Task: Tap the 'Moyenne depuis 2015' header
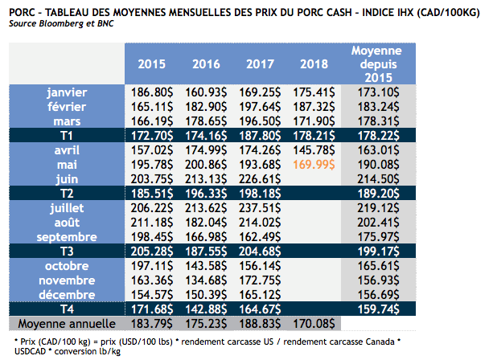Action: coord(376,63)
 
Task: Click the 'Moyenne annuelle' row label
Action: coord(66,323)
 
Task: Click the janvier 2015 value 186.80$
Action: coord(153,92)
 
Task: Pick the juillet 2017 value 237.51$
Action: coord(261,208)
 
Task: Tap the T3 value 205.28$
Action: coord(153,252)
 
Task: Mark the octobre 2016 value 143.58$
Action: coord(207,265)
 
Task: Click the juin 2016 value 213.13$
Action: coord(207,178)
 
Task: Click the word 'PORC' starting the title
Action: coord(22,10)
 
